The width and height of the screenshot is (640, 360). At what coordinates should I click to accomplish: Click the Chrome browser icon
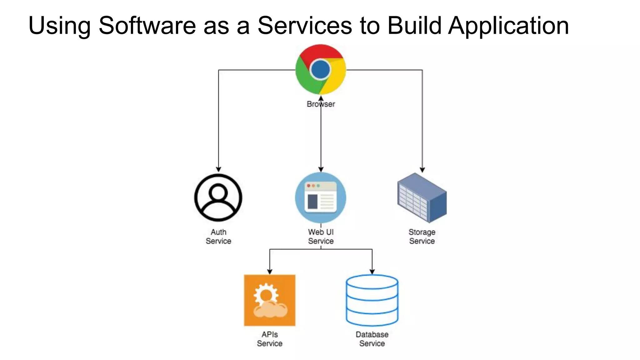pos(321,69)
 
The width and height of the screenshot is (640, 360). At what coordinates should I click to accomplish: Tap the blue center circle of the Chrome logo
pos(321,69)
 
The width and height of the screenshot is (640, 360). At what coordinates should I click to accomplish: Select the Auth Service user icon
pos(218,198)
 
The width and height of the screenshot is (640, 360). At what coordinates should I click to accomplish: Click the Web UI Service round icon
pos(321,198)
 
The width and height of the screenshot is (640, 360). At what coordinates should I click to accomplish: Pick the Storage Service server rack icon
pos(422,198)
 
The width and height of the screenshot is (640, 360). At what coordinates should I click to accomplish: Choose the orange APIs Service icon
pos(269,300)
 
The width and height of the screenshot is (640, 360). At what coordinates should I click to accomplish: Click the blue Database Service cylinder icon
pos(372,300)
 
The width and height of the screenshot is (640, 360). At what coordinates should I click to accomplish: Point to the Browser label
pos(321,104)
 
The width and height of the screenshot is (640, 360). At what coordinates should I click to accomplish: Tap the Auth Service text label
pos(218,237)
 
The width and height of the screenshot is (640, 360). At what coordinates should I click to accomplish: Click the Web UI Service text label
pos(321,237)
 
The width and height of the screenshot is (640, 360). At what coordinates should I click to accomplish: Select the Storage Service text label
pos(422,237)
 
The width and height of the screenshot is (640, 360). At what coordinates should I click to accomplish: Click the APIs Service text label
pos(269,339)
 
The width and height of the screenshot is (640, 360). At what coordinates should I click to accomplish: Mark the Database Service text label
pos(372,339)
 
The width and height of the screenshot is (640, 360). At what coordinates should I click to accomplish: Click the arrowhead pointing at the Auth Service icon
pos(218,169)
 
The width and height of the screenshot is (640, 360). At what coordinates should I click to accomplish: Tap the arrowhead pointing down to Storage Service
pos(422,170)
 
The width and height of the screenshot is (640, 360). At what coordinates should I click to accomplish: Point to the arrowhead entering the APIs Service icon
pos(270,272)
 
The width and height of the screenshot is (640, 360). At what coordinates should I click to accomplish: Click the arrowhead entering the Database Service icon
pos(372,272)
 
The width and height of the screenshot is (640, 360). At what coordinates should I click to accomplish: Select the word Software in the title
pos(147,26)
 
